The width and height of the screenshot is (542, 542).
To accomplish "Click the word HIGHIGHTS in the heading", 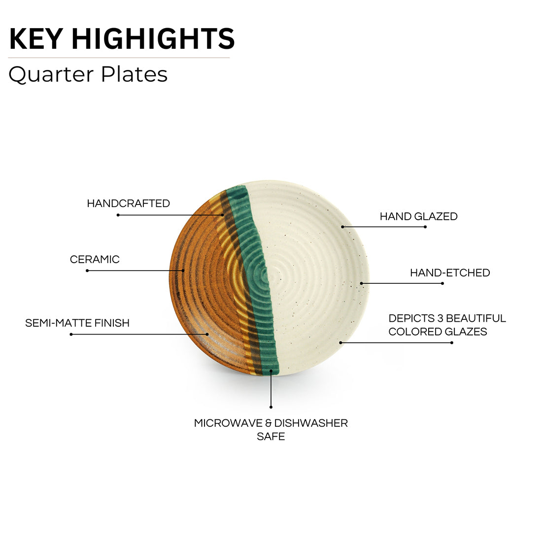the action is click(x=153, y=39).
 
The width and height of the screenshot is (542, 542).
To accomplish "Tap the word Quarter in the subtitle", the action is click(x=51, y=75).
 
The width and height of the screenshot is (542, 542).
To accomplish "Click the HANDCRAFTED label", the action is click(x=128, y=203).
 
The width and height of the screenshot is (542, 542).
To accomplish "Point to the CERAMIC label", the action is click(x=95, y=259).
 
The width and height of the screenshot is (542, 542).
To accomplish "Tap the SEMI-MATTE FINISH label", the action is click(x=77, y=323).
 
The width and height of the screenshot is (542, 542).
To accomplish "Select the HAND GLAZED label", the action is click(x=419, y=216).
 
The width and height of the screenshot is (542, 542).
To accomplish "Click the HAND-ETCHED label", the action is click(x=450, y=273).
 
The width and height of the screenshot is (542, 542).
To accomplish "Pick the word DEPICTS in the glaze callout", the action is click(x=411, y=318).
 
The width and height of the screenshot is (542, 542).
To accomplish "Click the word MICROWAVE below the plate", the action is click(x=228, y=423).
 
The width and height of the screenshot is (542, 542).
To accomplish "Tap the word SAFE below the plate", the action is click(x=271, y=436).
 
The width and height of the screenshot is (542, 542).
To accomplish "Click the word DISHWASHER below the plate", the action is click(x=311, y=423).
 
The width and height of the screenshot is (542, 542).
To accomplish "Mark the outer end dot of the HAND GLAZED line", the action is click(x=425, y=227).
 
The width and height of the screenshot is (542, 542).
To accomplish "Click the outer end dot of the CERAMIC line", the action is click(x=87, y=271).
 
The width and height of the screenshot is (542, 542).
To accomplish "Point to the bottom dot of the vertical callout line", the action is click(x=271, y=407).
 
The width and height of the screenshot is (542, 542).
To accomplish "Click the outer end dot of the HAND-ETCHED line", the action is click(x=442, y=283).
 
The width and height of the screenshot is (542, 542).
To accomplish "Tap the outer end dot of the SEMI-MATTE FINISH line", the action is click(x=71, y=334).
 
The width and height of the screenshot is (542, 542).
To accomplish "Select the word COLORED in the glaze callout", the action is click(x=410, y=332).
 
